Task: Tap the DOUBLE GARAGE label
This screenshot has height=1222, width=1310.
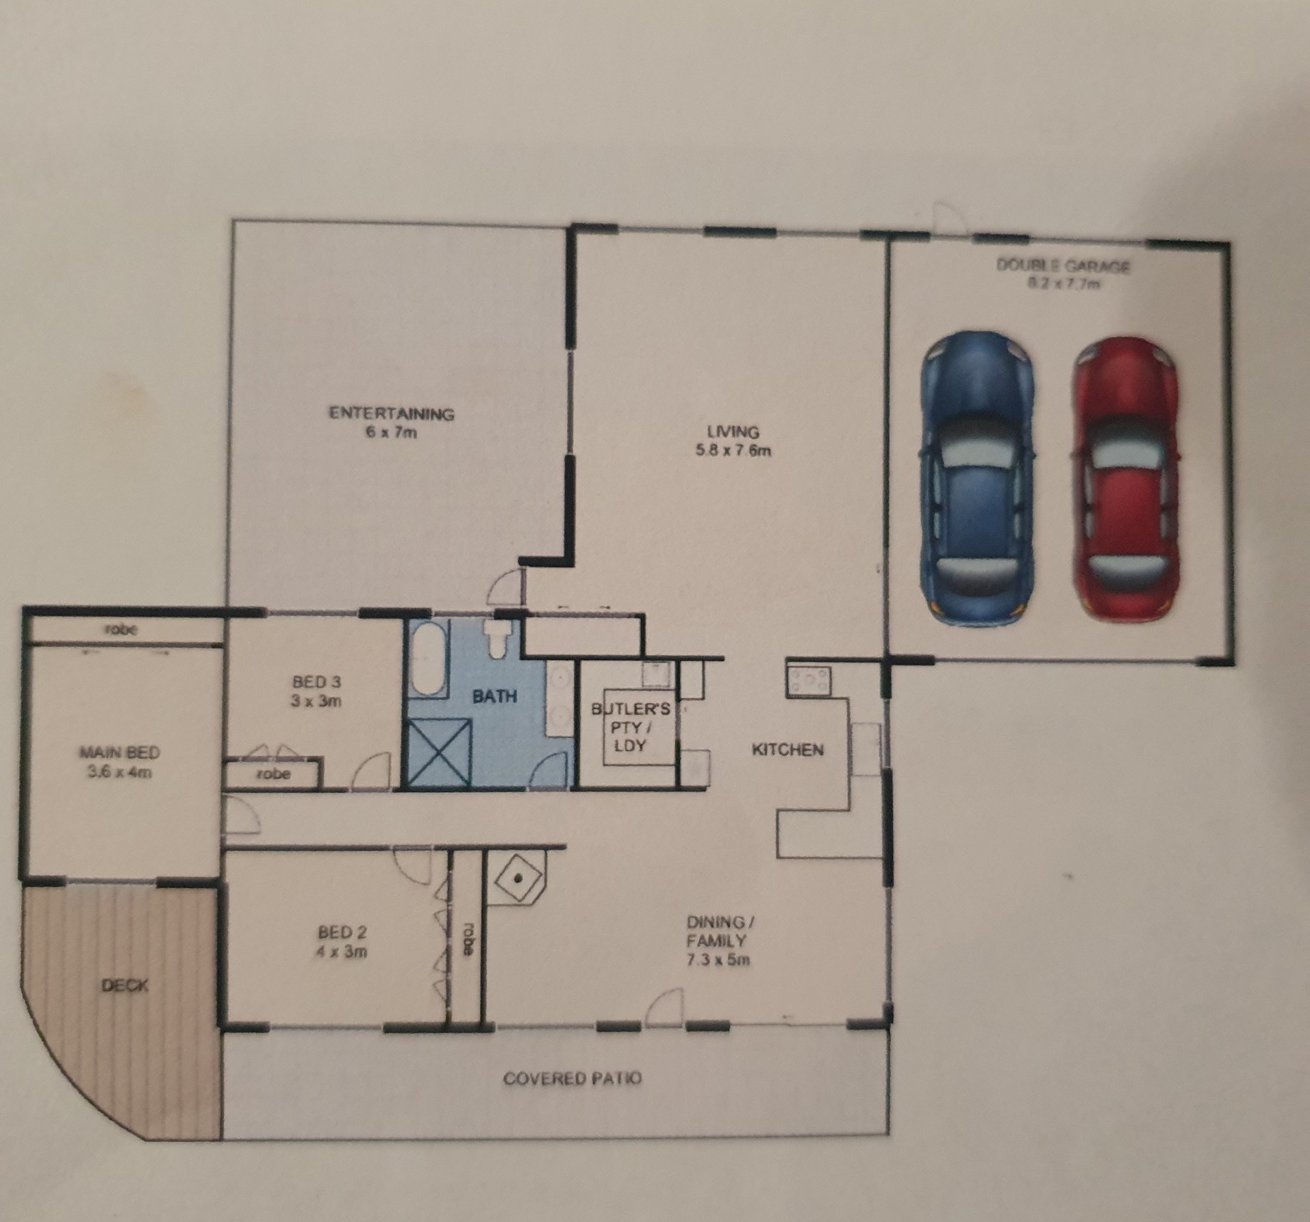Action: (x=1063, y=266)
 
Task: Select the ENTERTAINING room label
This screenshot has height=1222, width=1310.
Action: (x=392, y=413)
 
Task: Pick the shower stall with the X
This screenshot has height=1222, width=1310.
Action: (x=439, y=753)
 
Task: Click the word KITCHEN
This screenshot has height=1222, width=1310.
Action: (x=788, y=750)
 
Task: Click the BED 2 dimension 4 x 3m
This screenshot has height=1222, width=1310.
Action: (x=342, y=952)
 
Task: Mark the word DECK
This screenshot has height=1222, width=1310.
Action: (x=124, y=986)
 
